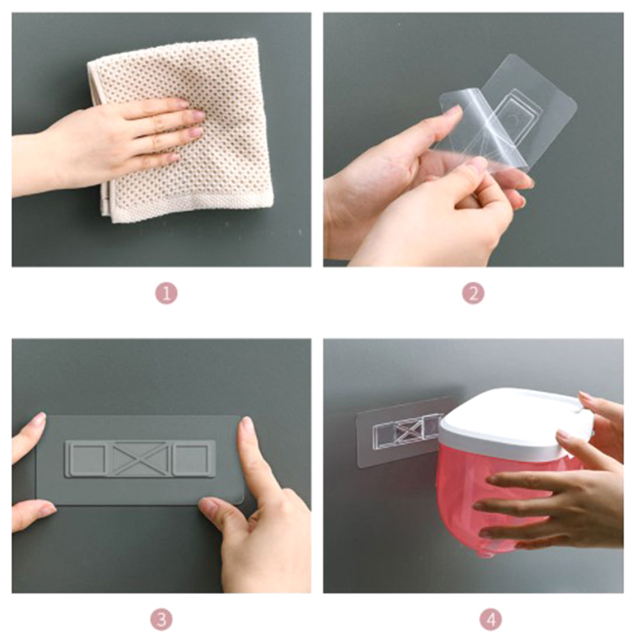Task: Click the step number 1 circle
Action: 166,293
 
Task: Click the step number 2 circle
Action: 473,293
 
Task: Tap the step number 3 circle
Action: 161,620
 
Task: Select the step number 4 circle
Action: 490,620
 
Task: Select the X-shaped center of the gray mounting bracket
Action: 142,459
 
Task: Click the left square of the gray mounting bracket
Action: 87,459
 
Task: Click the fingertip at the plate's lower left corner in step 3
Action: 45,510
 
